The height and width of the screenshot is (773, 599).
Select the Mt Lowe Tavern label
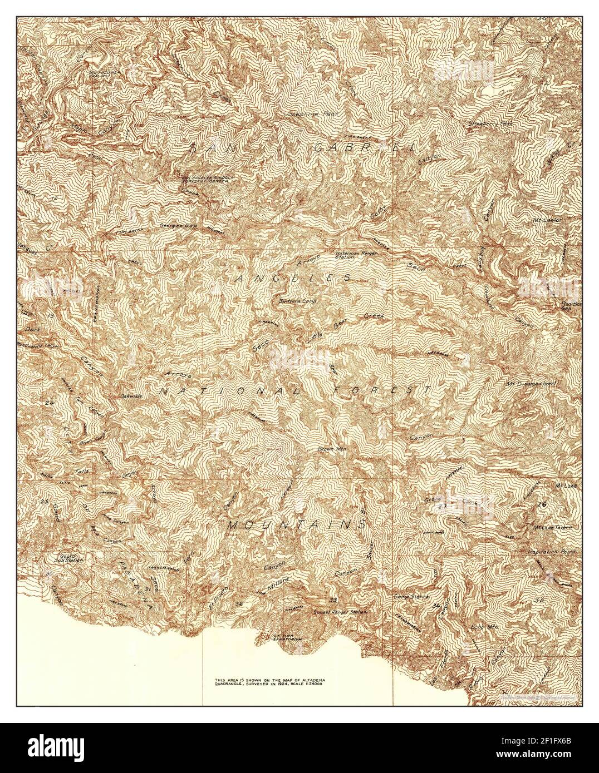(x=552, y=527)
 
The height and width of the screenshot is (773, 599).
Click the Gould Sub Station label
(x=69, y=557)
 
